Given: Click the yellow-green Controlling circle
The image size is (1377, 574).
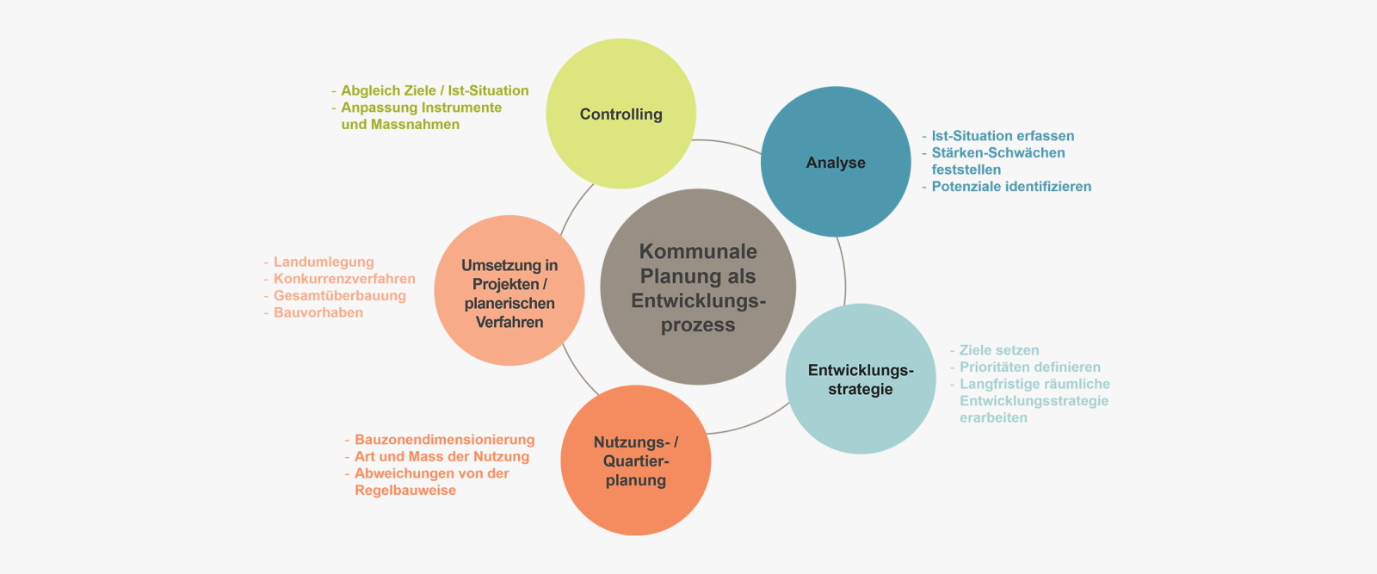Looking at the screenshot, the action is pos(621,114).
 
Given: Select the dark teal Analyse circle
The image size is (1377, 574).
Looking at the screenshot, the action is pos(836,162).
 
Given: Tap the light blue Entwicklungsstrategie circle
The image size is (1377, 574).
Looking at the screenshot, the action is pos(861,379).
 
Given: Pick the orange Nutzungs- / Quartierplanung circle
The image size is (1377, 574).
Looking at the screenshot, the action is pos(636,460).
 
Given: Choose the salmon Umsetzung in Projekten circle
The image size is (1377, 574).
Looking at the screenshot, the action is pos(509,290).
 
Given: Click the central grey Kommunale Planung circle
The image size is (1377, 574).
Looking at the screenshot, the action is pos(698,287).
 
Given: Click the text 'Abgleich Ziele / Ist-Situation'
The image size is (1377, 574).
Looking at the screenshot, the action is pos(435,90).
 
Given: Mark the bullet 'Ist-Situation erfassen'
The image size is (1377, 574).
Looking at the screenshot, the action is pos(1003,136).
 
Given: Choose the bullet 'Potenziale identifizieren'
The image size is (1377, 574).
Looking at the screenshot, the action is pos(1011,186).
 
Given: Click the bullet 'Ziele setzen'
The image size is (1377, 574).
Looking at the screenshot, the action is pos(999,350).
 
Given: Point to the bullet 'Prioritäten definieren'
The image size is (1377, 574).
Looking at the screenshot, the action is pos(1029,367).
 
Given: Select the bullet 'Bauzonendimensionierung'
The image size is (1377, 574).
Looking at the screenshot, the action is pos(444,440).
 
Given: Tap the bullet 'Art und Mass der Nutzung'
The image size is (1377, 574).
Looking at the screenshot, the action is pos(442,457).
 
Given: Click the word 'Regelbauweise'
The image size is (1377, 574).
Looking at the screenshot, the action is pos(405,491).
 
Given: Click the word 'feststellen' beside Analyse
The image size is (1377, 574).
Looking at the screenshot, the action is pos(966,170).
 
